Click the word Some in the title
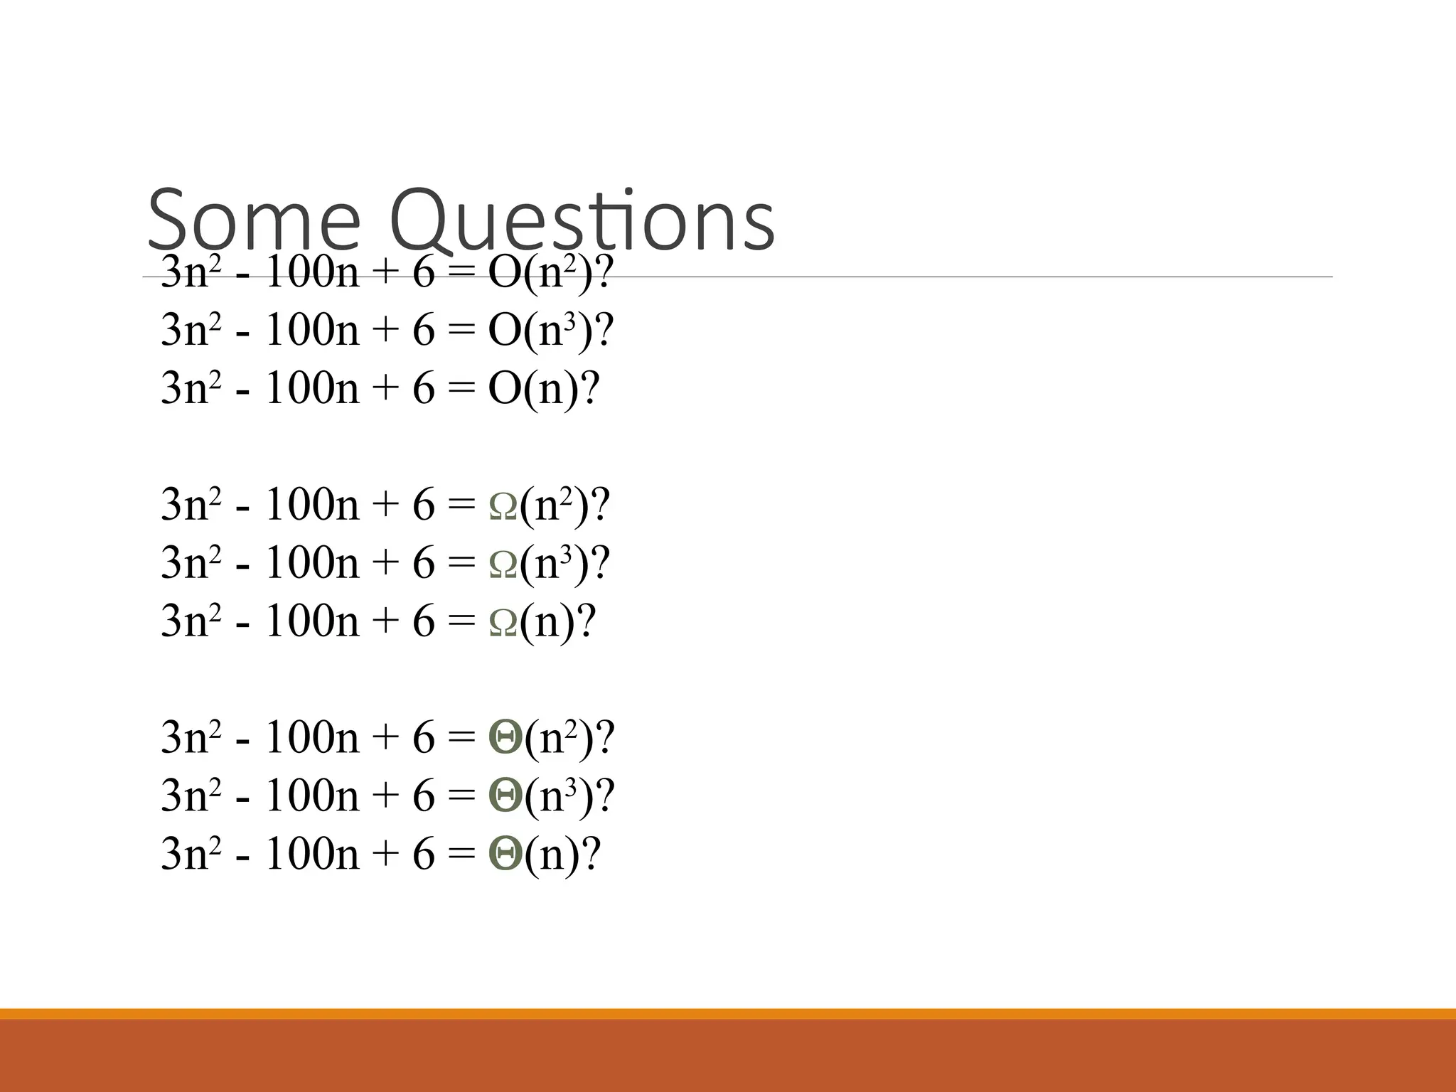(x=254, y=220)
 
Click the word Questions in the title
(x=582, y=220)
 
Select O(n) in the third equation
(x=533, y=388)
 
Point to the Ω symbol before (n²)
(x=503, y=505)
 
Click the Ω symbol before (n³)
(x=503, y=564)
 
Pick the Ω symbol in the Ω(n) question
(x=503, y=622)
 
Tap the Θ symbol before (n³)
(x=505, y=796)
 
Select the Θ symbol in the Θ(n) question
(x=505, y=854)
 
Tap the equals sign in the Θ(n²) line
(x=461, y=739)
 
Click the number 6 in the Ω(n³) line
(x=423, y=563)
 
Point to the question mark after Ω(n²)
(x=601, y=505)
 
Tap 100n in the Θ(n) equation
(x=311, y=854)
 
